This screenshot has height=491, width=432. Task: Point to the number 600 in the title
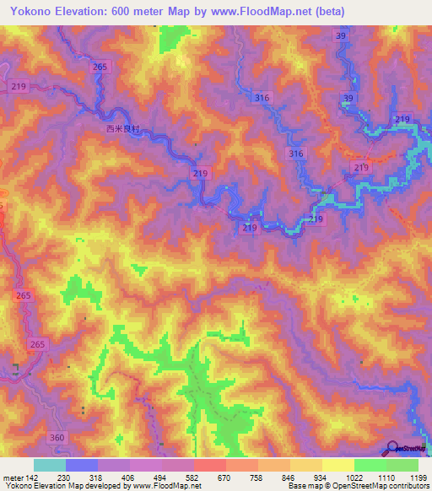[144, 11]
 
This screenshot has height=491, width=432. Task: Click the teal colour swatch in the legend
[50, 465]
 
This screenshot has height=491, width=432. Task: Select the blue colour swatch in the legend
[82, 465]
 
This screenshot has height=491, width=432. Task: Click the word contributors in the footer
[410, 486]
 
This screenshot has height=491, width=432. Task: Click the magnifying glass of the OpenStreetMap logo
[392, 447]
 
